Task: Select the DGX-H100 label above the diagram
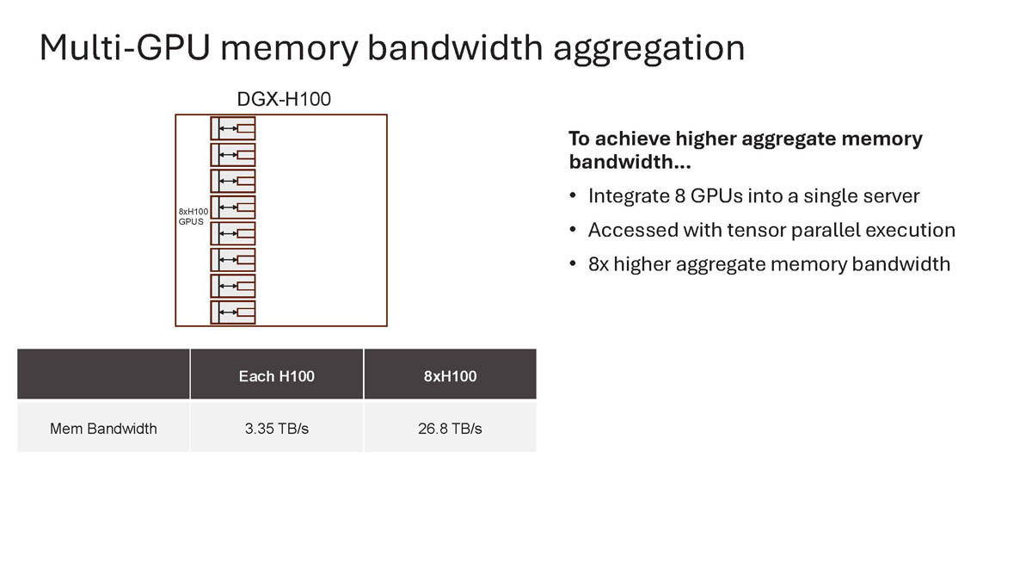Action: tap(284, 100)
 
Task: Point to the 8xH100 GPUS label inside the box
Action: tap(193, 216)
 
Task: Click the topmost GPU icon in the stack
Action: tap(233, 129)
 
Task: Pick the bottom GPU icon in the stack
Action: tap(233, 312)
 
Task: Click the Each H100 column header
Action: tap(277, 376)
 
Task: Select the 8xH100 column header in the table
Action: tap(450, 376)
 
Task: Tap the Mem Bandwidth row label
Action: tap(103, 428)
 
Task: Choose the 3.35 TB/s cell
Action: tap(277, 428)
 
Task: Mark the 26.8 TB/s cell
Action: tap(450, 428)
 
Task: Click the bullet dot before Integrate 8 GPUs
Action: tap(573, 197)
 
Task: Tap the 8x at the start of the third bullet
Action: tap(599, 263)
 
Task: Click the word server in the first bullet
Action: tap(891, 196)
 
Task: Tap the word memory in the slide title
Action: tap(289, 48)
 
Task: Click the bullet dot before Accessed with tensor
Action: tap(573, 231)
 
